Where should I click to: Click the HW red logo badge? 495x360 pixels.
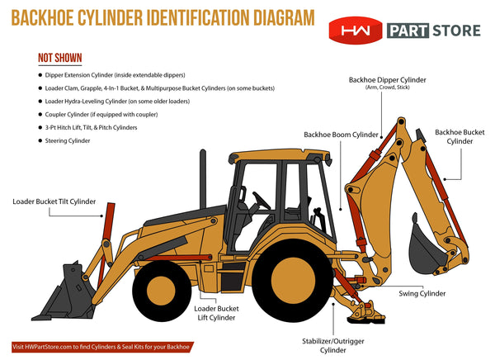point(356,31)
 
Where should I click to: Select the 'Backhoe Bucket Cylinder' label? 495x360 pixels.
point(460,136)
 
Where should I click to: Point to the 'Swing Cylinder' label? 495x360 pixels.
point(422,293)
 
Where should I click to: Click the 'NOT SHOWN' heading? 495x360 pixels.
point(61,59)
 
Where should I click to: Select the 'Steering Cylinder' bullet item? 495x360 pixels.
point(78,141)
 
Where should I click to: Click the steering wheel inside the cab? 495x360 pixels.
point(260,201)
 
